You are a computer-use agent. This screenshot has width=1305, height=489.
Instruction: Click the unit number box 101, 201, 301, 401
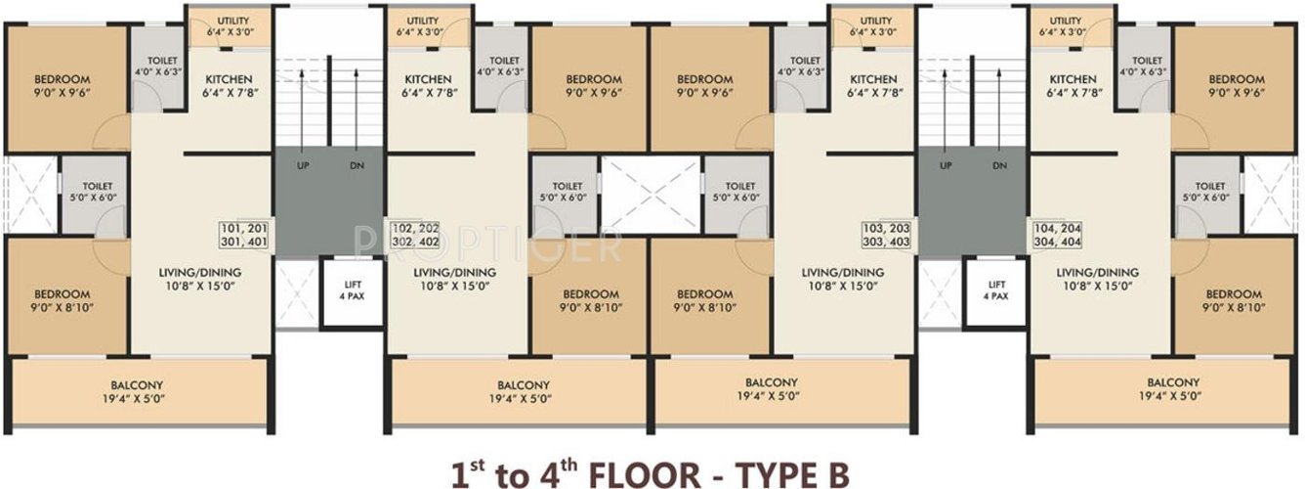click(x=245, y=236)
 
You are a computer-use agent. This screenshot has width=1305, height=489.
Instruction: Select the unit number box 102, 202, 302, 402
click(x=415, y=236)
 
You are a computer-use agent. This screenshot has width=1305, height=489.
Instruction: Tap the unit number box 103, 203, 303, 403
click(x=887, y=236)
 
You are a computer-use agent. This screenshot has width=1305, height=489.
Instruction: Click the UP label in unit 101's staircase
click(x=302, y=166)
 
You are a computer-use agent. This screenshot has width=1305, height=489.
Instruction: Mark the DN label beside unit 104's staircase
click(x=999, y=166)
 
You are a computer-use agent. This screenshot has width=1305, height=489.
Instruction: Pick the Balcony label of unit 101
click(x=137, y=384)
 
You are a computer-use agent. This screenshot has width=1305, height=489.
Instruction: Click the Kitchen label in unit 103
click(x=873, y=79)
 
